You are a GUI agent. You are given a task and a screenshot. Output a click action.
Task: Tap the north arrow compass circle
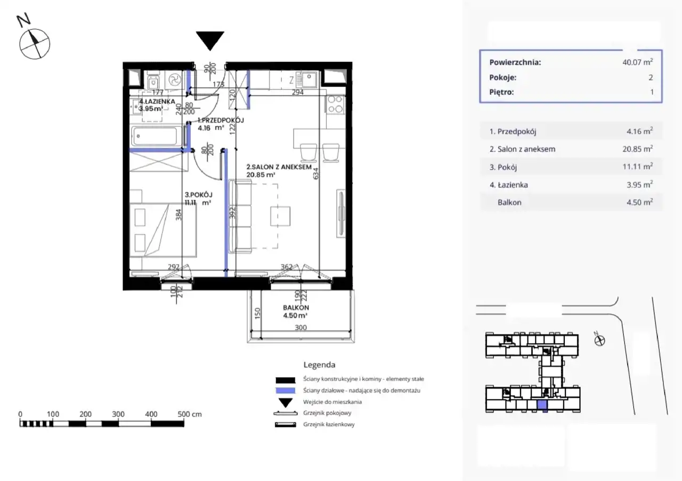click(x=35, y=44)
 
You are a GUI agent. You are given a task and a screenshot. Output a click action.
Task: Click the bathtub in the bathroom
click(x=155, y=136)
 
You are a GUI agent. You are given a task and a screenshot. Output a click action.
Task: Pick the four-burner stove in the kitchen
click(x=335, y=104)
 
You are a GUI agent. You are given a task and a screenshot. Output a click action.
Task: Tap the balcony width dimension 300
click(x=301, y=328)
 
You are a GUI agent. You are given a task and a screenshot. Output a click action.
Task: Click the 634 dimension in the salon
click(x=316, y=174)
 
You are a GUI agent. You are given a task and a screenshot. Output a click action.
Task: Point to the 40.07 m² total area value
click(x=638, y=62)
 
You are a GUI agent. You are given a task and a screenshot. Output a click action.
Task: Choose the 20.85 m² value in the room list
click(x=638, y=149)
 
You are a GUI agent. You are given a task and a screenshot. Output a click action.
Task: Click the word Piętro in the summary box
click(x=501, y=92)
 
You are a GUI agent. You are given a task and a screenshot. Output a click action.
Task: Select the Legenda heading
click(x=319, y=365)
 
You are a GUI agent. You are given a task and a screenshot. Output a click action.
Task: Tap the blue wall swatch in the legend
click(x=285, y=390)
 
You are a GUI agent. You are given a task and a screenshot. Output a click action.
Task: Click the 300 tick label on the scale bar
click(x=118, y=414)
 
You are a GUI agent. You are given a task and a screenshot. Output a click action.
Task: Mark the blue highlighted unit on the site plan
click(x=542, y=406)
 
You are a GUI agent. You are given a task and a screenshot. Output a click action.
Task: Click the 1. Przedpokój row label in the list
click(x=513, y=132)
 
